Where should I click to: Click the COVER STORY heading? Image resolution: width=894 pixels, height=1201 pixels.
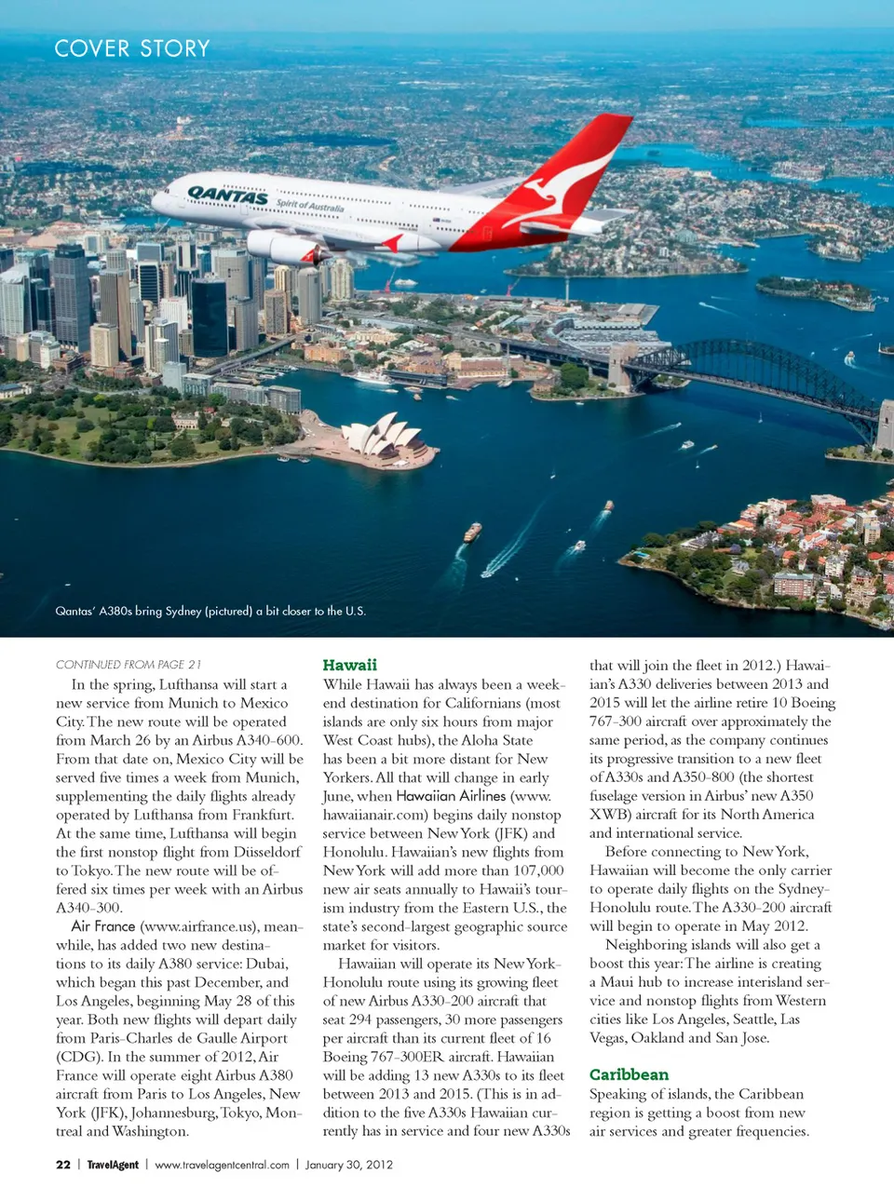[x=132, y=48]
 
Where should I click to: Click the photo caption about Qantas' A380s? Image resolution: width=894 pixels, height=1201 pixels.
[x=210, y=611]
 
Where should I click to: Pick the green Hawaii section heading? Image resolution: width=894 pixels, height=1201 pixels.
[x=349, y=665]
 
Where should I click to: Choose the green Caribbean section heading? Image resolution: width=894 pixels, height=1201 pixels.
[x=629, y=1074]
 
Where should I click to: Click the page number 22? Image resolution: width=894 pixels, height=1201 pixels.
[x=63, y=1165]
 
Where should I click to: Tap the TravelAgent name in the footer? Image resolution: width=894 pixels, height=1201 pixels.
[x=113, y=1165]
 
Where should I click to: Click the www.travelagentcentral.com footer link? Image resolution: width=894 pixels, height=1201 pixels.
[x=222, y=1165]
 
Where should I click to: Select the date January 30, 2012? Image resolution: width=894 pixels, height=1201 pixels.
[x=349, y=1165]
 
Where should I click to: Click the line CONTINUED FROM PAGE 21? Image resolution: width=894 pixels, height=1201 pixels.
[x=129, y=665]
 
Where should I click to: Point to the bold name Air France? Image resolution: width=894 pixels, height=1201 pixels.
[x=102, y=926]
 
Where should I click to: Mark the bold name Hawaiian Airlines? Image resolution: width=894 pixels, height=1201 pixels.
[x=451, y=796]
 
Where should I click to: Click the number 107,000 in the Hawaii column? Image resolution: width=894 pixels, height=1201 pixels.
[x=538, y=870]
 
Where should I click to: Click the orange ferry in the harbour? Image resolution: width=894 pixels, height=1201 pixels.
[x=472, y=533]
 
